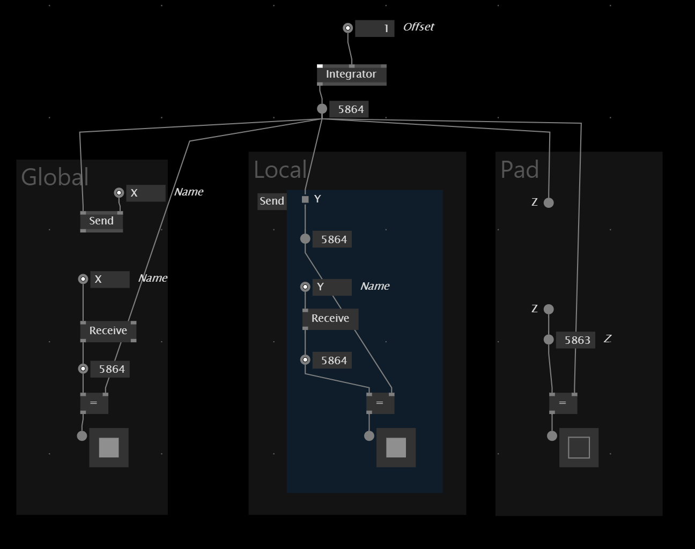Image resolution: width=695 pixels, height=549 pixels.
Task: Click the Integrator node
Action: tap(352, 75)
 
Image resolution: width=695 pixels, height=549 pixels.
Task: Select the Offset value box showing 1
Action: tap(375, 28)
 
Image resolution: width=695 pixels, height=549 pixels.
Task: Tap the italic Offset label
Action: tap(418, 27)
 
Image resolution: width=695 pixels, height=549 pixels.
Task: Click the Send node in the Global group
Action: tap(101, 222)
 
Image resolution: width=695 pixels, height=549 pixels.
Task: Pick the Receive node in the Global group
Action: tap(108, 331)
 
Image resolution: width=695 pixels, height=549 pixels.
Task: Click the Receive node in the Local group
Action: tap(330, 319)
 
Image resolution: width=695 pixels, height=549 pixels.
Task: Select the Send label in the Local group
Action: tap(272, 201)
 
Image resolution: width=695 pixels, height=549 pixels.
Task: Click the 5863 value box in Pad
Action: tap(575, 340)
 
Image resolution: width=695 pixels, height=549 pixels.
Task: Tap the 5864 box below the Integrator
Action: tap(349, 109)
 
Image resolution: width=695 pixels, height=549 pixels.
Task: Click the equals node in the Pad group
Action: tap(563, 403)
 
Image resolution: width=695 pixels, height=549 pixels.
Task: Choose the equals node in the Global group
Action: tap(94, 403)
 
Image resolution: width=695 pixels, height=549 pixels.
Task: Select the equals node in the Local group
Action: tap(380, 403)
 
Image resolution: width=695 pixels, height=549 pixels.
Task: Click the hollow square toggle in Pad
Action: tap(579, 447)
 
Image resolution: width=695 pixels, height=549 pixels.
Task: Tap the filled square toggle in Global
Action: tap(109, 447)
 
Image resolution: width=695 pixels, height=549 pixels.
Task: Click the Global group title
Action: tap(55, 177)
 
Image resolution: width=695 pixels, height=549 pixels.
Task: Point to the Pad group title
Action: tap(520, 169)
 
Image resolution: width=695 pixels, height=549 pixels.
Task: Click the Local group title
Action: tap(280, 169)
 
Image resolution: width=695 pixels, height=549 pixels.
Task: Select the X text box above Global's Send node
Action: tap(146, 193)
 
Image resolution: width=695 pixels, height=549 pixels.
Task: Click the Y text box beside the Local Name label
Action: tap(332, 287)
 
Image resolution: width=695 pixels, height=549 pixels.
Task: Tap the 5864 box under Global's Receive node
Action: tap(110, 369)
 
